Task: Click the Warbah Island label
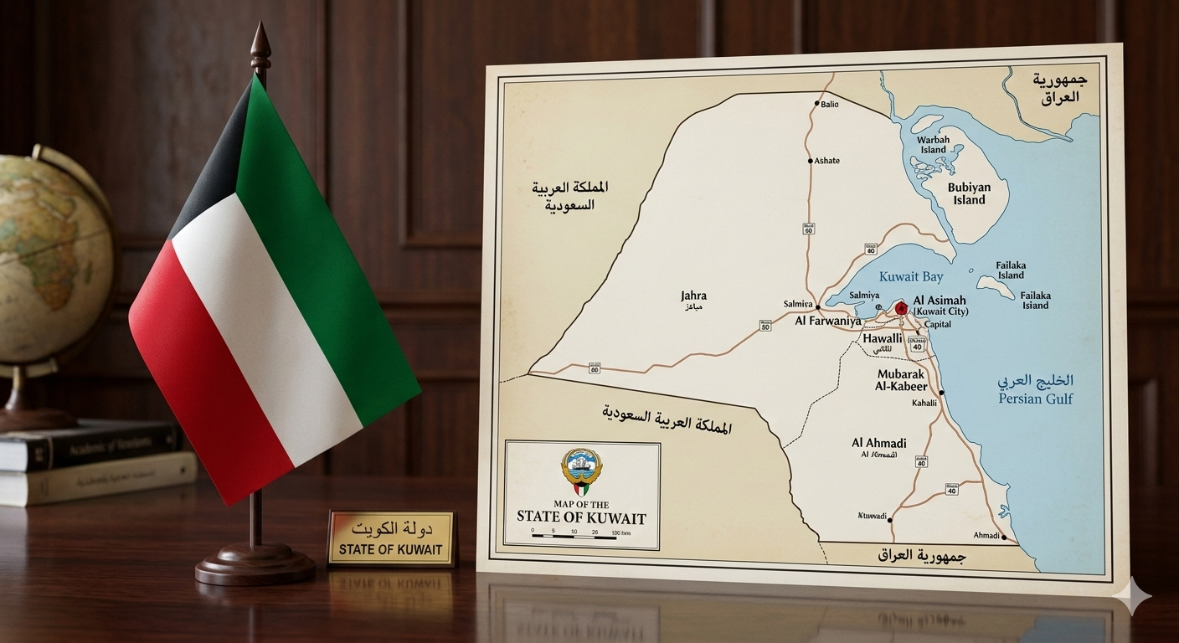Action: [x=933, y=145]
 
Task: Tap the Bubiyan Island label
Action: [x=967, y=193]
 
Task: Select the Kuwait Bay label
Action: [x=911, y=276]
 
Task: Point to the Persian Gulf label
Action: [x=1035, y=399]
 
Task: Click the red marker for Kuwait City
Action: [x=901, y=309]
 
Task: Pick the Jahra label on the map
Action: [x=693, y=296]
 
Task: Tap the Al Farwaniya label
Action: [x=827, y=321]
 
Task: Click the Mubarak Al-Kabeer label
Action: [x=901, y=380]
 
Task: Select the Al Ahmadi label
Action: [x=878, y=443]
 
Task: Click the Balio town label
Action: [x=829, y=105]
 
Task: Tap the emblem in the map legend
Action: [x=580, y=471]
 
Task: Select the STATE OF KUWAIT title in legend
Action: [x=575, y=517]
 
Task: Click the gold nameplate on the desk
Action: [x=392, y=538]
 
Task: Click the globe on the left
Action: [x=50, y=251]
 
